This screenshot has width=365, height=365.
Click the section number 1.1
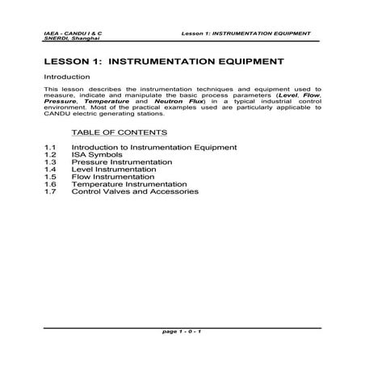click(x=50, y=147)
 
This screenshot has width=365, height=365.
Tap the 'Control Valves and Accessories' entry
click(x=134, y=191)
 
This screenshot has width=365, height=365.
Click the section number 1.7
click(x=50, y=191)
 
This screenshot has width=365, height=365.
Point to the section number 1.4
click(x=50, y=170)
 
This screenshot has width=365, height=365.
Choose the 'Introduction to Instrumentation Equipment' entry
click(x=153, y=147)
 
